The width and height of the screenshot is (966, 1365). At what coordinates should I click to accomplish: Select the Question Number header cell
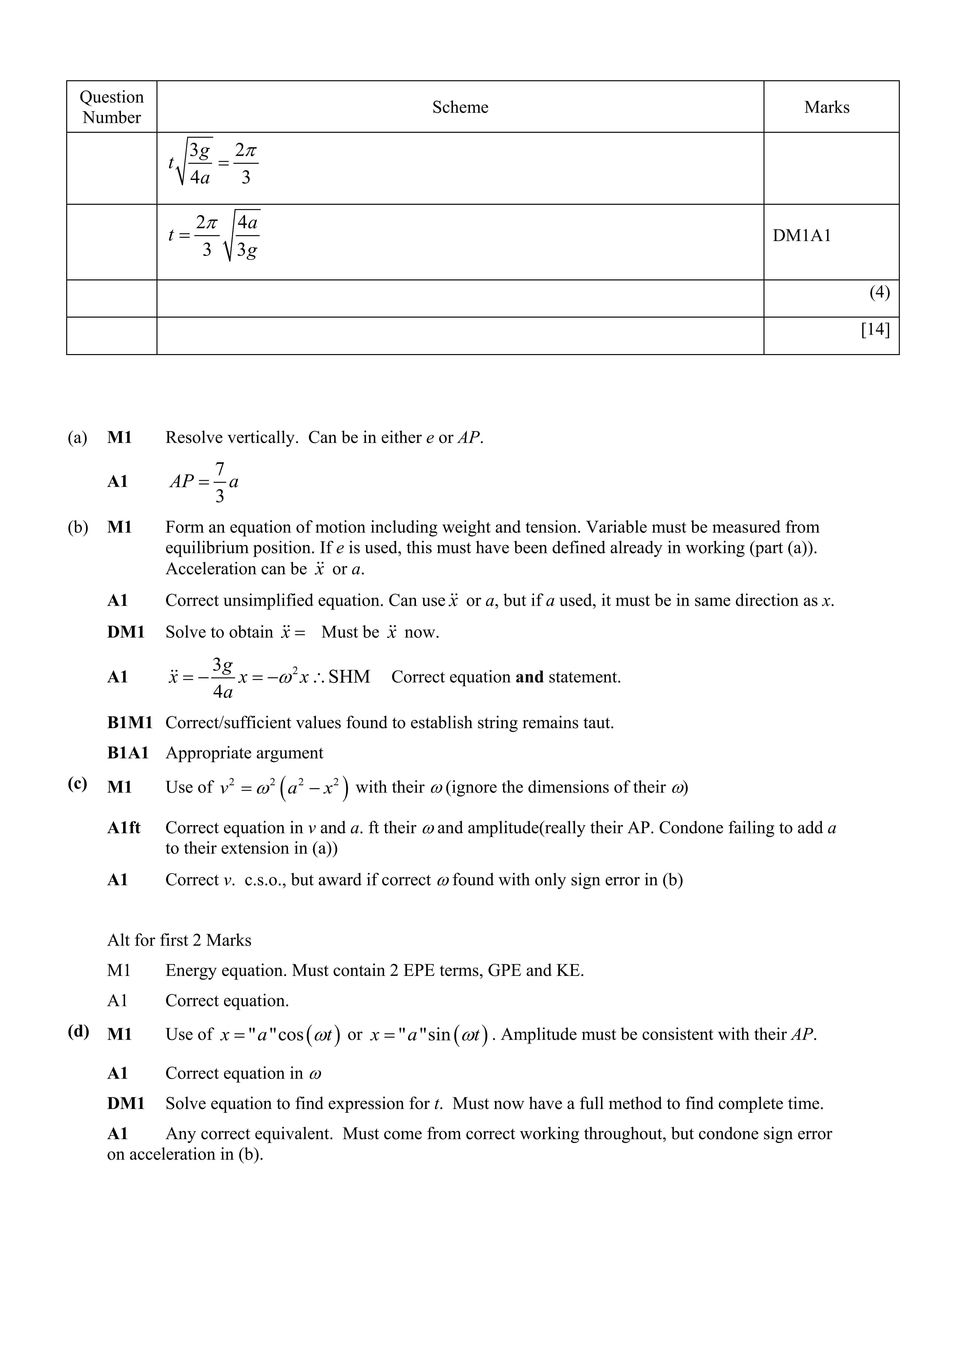pos(112,107)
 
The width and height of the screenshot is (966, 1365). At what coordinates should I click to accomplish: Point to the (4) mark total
pos(879,293)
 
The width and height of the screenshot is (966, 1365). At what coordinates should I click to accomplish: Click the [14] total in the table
pos(875,329)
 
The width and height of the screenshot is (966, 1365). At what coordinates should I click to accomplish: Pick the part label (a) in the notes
pos(77,437)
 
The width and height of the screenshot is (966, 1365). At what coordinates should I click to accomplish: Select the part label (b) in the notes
pos(77,527)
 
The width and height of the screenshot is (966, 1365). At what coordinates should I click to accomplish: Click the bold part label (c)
pos(77,784)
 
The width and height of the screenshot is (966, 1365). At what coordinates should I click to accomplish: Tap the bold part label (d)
pos(79,1031)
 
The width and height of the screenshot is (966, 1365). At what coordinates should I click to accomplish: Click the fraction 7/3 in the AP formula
pos(220,482)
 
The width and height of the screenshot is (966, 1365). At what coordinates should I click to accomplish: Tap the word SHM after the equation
pos(349,677)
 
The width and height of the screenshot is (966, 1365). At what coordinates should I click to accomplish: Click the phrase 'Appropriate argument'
pos(244,753)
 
